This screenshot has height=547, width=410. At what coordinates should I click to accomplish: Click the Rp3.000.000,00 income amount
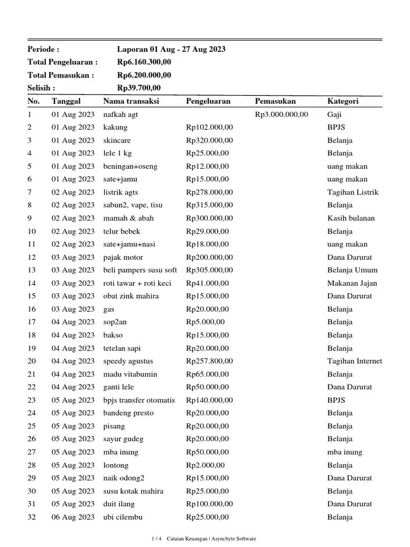[x=281, y=114]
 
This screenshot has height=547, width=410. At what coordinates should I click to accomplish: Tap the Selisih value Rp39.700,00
[x=139, y=88]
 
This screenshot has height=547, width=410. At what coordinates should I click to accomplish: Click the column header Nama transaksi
[x=131, y=101]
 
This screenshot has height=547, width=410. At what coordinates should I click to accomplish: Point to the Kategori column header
[x=343, y=101]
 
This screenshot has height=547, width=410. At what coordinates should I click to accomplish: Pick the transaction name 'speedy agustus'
[x=128, y=361]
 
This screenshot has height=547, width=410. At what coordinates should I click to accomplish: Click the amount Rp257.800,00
[x=209, y=361]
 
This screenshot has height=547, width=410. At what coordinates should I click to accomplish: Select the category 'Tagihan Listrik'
[x=352, y=192]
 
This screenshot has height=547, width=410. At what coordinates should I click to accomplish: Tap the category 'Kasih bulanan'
[x=351, y=218]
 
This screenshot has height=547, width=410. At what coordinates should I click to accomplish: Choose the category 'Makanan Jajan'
[x=352, y=283]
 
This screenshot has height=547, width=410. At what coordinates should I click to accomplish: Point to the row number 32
[x=31, y=517]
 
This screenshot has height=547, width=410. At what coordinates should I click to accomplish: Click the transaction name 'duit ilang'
[x=119, y=504]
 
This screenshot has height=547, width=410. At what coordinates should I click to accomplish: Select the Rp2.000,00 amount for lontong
[x=206, y=465]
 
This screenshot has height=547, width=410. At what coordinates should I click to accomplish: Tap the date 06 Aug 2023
[x=73, y=517]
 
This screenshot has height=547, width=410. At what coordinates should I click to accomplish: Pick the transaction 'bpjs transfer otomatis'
[x=139, y=400]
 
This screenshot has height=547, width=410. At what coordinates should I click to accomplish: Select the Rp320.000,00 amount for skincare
[x=209, y=140]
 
